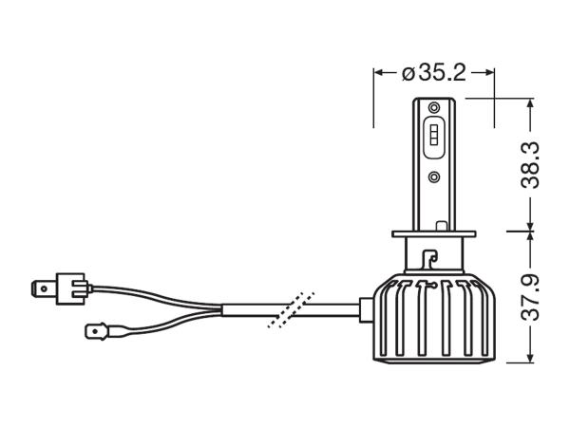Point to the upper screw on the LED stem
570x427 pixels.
click(x=433, y=106)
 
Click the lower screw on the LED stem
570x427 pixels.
click(x=433, y=176)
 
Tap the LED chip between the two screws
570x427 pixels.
click(x=433, y=140)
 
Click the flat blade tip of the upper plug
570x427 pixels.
click(x=42, y=285)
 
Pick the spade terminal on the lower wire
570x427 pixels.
click(x=97, y=332)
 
